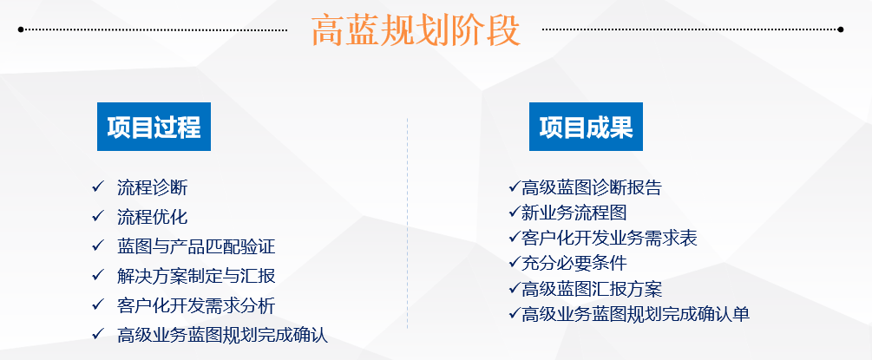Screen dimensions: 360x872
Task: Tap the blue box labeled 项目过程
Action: (x=154, y=127)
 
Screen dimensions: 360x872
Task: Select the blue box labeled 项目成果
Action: (x=586, y=127)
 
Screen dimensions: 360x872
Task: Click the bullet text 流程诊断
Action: (x=152, y=187)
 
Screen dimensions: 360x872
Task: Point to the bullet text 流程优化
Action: (x=152, y=217)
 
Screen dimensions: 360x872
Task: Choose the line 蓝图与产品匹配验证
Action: (x=196, y=246)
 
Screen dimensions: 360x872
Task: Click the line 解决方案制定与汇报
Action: (x=196, y=276)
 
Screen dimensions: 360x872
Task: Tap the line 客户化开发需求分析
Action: (x=196, y=305)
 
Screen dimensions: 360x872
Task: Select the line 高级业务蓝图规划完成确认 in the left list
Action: (x=222, y=335)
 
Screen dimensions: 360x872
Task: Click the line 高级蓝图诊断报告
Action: (x=592, y=187)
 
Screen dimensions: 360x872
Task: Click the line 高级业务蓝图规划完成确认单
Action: (x=635, y=314)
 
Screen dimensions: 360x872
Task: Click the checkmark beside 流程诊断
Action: (x=97, y=187)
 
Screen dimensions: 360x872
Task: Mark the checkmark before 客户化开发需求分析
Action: (x=97, y=305)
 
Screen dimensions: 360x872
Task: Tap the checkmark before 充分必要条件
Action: (x=515, y=263)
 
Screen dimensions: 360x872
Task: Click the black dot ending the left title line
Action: (x=21, y=29)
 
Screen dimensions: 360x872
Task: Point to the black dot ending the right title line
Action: (x=840, y=29)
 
